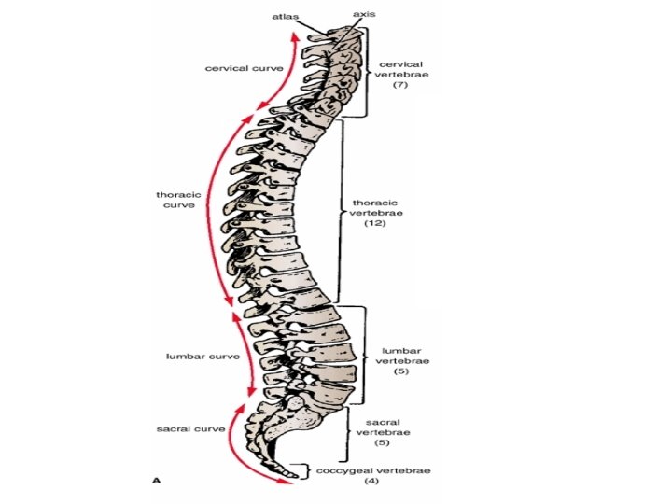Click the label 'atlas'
pyautogui.click(x=286, y=16)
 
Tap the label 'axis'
pyautogui.click(x=365, y=15)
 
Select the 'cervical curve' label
pyautogui.click(x=245, y=68)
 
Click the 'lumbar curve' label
pyautogui.click(x=203, y=356)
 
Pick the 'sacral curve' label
pyautogui.click(x=190, y=428)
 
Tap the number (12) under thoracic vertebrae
pyautogui.click(x=376, y=225)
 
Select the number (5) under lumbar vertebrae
pyautogui.click(x=402, y=371)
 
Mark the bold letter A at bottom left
pyautogui.click(x=157, y=480)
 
